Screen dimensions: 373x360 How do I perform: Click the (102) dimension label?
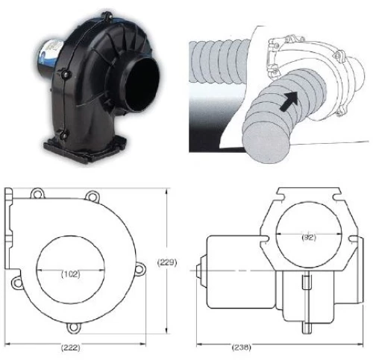(71, 274)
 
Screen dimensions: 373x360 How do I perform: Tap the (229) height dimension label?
(167, 262)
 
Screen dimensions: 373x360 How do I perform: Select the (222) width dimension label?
(71, 347)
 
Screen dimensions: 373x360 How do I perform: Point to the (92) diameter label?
(309, 238)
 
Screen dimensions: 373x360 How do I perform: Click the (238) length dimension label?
(241, 347)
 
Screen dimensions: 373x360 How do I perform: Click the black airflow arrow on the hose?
(289, 101)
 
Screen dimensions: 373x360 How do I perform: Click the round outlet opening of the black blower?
(142, 83)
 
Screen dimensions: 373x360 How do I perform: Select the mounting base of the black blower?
(84, 148)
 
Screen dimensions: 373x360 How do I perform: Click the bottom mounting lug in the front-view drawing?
(73, 327)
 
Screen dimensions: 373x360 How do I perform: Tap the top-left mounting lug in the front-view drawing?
(37, 194)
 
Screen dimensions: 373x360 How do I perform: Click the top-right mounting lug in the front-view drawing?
(93, 196)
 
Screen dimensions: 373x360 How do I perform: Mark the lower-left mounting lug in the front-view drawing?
(17, 282)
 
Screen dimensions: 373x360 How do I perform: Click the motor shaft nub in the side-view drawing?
(201, 271)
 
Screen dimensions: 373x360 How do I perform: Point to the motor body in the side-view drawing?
(241, 272)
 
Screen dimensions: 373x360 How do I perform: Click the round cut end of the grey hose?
(266, 143)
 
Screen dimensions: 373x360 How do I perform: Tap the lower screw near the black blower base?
(64, 135)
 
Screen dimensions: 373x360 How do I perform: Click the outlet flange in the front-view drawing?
(9, 229)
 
